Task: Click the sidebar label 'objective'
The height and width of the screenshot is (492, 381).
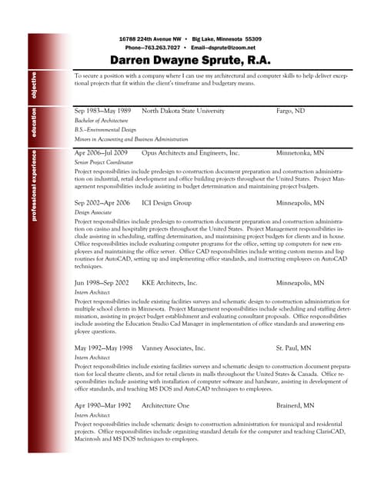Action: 34,89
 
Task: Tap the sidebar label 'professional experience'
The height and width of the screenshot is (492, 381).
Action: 34,188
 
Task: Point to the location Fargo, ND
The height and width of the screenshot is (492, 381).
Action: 290,111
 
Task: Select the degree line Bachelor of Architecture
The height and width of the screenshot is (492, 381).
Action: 101,121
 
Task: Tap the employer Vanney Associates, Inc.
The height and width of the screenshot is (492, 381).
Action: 173,348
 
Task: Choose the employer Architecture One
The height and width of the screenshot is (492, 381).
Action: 165,405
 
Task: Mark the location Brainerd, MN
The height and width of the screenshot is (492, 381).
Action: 295,405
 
